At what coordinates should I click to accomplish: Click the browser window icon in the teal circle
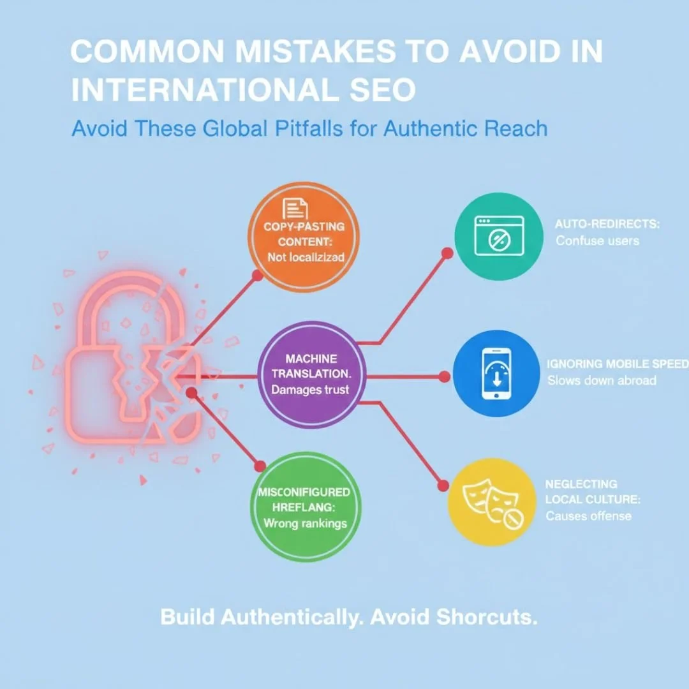tap(496, 236)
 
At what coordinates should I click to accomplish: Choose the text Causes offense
tap(588, 515)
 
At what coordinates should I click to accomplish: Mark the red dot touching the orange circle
tap(257, 276)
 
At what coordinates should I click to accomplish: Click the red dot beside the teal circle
tap(447, 253)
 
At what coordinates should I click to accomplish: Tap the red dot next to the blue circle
tap(445, 376)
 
